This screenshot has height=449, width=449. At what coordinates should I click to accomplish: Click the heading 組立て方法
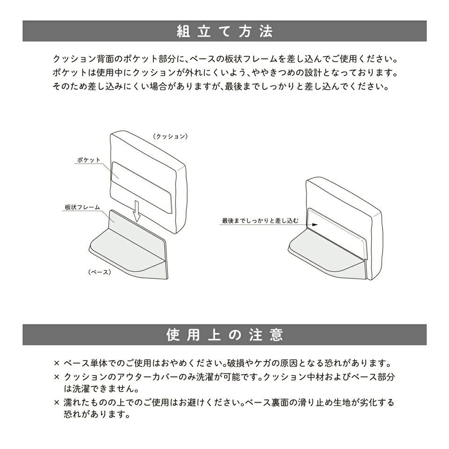click(x=224, y=31)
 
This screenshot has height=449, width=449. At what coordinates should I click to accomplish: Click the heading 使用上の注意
click(x=224, y=334)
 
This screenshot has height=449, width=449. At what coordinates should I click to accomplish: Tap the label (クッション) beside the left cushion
click(x=171, y=136)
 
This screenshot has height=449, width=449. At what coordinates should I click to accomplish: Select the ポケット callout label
click(x=89, y=160)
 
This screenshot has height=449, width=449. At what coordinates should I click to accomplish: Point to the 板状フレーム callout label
click(x=82, y=207)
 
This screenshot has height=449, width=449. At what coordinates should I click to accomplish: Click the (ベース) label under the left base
click(x=99, y=272)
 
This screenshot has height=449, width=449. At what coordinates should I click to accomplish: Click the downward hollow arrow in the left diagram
click(x=137, y=211)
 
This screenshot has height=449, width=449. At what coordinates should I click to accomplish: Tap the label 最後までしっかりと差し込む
click(x=261, y=221)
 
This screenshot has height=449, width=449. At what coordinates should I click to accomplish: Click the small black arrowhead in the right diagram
click(x=315, y=224)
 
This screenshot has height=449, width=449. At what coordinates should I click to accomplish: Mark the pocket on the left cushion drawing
click(x=141, y=187)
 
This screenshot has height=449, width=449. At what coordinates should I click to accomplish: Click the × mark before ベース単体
click(x=57, y=363)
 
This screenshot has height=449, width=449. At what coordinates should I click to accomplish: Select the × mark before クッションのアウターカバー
click(x=57, y=377)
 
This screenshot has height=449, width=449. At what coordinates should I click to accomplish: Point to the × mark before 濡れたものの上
click(x=57, y=402)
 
